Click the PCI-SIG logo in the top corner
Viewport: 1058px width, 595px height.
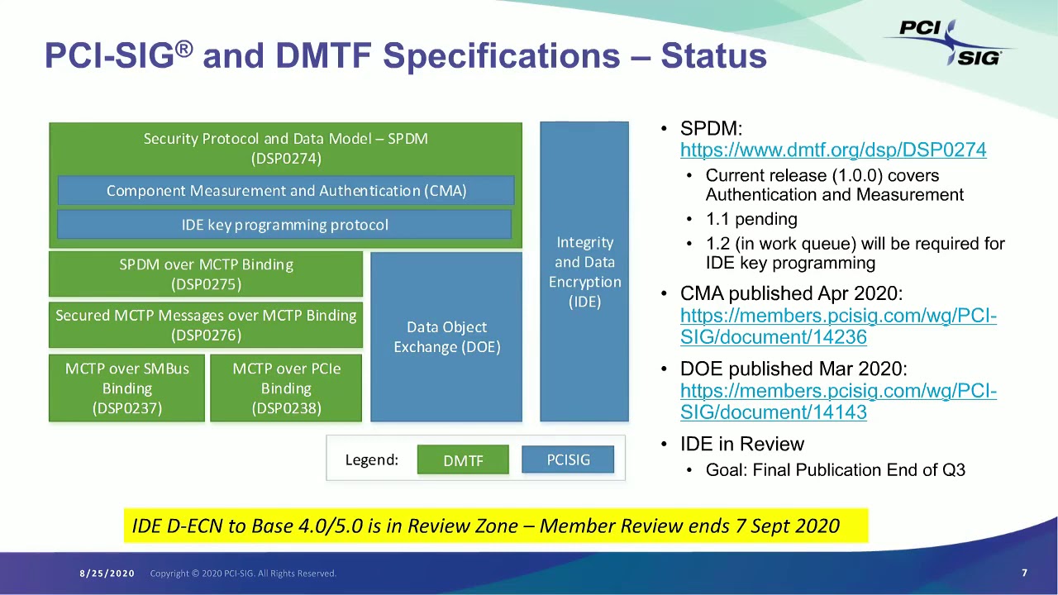(951, 41)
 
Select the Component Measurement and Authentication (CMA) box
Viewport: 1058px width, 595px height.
(286, 191)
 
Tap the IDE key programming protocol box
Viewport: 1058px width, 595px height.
(284, 225)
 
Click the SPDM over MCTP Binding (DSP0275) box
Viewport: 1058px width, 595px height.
(206, 274)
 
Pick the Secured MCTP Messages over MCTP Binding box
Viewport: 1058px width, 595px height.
(206, 325)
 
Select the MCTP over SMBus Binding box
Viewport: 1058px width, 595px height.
(126, 388)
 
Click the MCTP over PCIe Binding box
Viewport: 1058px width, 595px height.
(286, 388)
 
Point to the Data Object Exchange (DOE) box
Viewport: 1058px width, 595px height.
(446, 337)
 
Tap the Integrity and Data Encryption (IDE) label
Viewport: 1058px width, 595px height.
(584, 272)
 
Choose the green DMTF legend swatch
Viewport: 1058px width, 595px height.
(463, 460)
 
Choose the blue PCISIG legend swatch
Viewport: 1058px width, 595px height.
(568, 459)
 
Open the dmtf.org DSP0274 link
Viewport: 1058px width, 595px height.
(833, 150)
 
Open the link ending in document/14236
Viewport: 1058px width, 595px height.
(838, 326)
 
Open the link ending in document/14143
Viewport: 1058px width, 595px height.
(838, 402)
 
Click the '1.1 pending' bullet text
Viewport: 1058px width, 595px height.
(751, 220)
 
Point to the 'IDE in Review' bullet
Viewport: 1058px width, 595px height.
(741, 445)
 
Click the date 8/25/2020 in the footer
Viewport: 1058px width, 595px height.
(107, 574)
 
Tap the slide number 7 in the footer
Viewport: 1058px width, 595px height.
(1024, 573)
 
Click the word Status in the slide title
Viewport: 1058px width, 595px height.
(713, 56)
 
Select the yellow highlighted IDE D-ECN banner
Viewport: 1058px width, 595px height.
(495, 526)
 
